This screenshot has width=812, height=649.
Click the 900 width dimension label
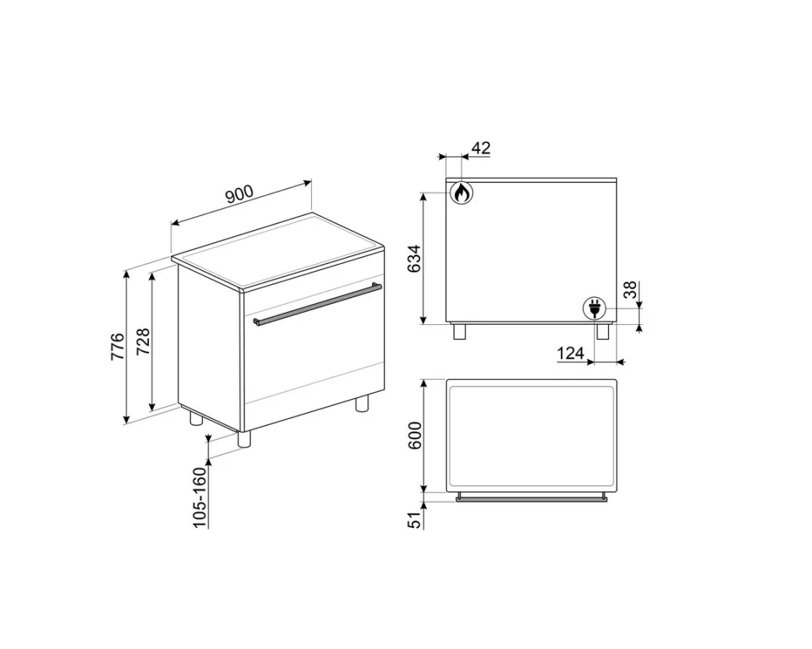coord(239,195)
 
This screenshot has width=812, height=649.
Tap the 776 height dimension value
coord(119,346)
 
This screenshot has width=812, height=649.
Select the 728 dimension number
coord(144,342)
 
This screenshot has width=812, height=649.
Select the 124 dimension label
coord(571,353)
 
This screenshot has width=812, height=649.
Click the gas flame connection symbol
coord(461,193)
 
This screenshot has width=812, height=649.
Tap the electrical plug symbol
coord(595,308)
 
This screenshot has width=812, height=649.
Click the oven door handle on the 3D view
coord(318,305)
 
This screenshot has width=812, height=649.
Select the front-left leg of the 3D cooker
coord(244,439)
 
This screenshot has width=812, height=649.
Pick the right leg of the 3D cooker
coord(362,403)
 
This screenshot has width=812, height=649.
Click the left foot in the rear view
coord(460,332)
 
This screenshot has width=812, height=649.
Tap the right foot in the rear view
coord(602,332)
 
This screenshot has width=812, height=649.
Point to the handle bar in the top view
coord(532,497)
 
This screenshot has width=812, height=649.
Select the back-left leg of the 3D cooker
coord(195,418)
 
